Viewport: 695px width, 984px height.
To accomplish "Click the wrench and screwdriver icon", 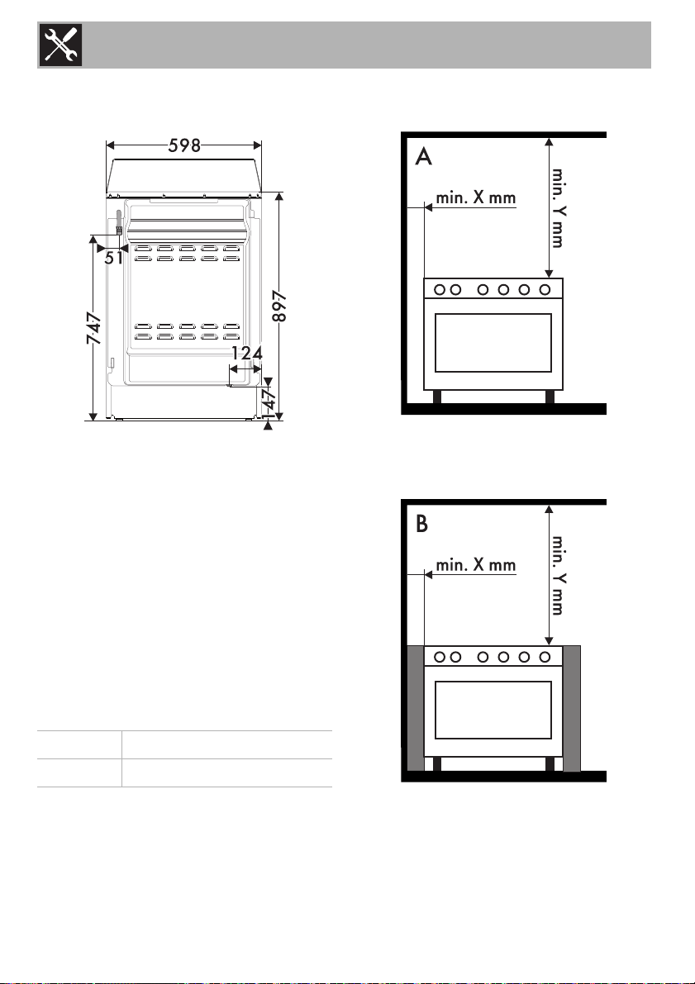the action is click(x=61, y=45).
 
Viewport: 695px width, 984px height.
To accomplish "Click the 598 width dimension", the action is click(x=184, y=145).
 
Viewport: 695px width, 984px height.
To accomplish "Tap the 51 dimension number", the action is click(x=114, y=257).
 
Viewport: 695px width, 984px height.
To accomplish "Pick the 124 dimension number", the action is click(x=247, y=354).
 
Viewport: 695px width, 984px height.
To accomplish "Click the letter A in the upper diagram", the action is click(x=424, y=156).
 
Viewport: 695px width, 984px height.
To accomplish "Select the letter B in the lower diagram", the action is click(x=422, y=524).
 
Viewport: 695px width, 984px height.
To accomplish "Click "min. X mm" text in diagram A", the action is click(x=476, y=197).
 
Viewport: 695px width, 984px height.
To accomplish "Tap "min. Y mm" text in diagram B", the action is click(x=558, y=575).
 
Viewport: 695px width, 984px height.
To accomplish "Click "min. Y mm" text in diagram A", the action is click(x=558, y=207).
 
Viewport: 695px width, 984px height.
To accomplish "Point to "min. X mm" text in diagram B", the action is click(x=476, y=565).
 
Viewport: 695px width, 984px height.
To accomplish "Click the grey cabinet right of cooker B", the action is click(x=571, y=709).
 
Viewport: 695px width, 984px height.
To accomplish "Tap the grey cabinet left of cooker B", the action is click(x=416, y=709).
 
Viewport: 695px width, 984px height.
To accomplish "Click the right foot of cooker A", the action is click(x=550, y=397).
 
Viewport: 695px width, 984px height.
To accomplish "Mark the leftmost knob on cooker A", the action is click(x=440, y=289).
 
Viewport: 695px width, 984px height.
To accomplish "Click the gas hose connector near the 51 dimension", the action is click(x=118, y=223).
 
